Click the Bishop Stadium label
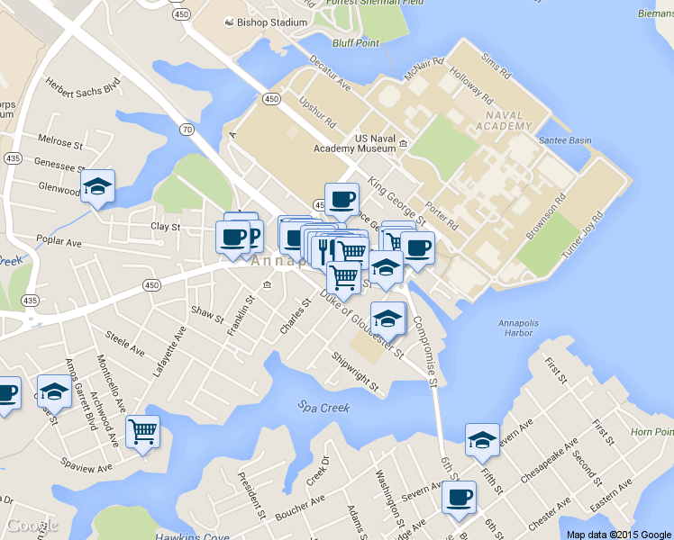tap(271, 22)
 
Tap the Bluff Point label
tap(356, 42)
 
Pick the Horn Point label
tap(652, 432)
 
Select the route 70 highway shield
tap(187, 130)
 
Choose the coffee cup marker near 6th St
tap(459, 496)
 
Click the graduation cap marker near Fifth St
tap(482, 439)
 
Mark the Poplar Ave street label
tap(59, 242)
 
